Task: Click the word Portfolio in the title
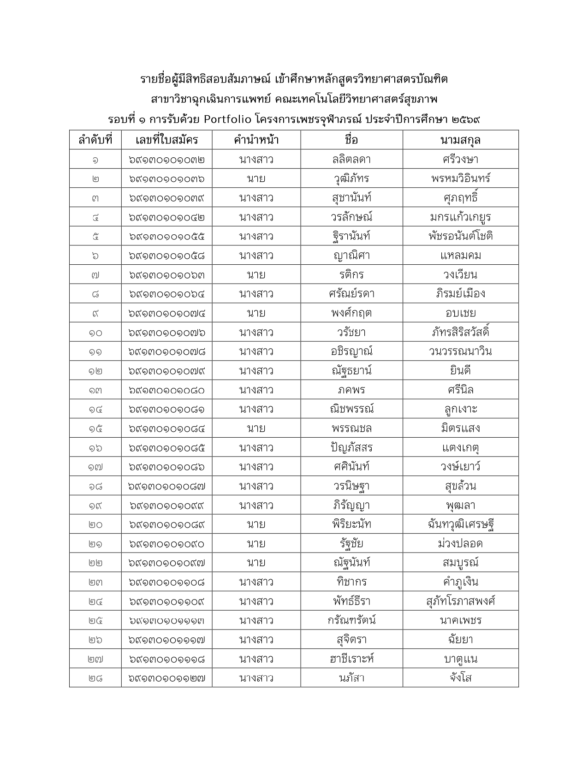click(x=227, y=119)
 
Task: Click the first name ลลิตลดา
click(x=351, y=160)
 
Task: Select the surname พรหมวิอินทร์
click(x=460, y=179)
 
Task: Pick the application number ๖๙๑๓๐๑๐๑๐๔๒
click(x=167, y=217)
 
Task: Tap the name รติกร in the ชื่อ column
click(x=351, y=275)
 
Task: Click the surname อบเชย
click(x=460, y=313)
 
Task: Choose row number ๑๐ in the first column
click(x=95, y=333)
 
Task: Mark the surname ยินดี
click(x=460, y=371)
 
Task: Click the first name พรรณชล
click(x=351, y=428)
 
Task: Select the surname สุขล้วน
click(x=460, y=486)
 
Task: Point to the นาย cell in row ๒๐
click(x=256, y=524)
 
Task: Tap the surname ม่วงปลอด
click(x=460, y=544)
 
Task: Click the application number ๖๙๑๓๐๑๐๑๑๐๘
click(x=167, y=582)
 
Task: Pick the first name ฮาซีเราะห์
click(x=351, y=659)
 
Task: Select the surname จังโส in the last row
click(x=460, y=678)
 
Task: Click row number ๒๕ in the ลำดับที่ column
click(x=95, y=620)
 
